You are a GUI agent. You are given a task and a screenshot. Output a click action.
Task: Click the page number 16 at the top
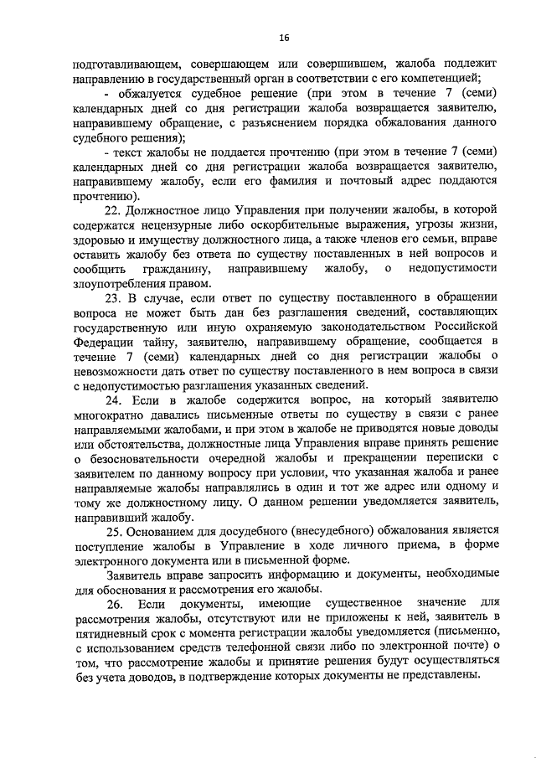coord(284,37)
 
